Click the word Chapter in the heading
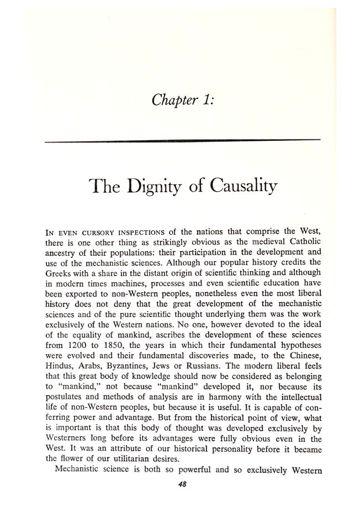[171, 101]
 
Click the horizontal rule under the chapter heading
[182, 142]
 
